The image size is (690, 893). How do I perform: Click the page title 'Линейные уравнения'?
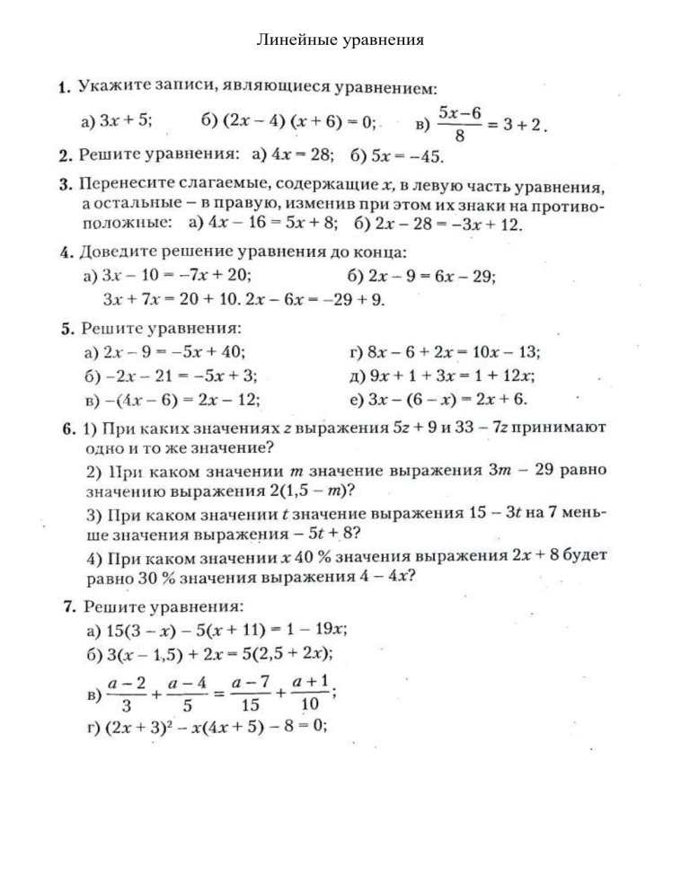click(x=341, y=40)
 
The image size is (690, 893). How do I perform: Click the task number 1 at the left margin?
click(x=64, y=88)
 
